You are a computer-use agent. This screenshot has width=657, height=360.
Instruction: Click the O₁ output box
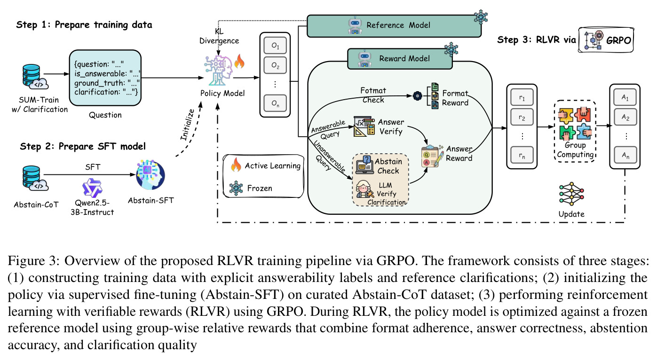coord(275,46)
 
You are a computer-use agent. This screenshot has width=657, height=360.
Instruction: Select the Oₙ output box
coord(275,103)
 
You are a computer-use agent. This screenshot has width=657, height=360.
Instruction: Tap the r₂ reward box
coord(522,117)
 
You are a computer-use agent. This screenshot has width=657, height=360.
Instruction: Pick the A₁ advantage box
coord(625,97)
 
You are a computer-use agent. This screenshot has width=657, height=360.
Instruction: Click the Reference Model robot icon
coord(355,25)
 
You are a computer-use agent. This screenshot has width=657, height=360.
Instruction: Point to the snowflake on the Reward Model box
coord(451,49)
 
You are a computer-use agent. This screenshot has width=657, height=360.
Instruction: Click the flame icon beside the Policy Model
coord(239,61)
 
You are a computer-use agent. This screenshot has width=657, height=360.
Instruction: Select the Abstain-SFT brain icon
coord(150,175)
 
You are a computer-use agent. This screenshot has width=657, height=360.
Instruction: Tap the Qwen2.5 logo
coord(92,188)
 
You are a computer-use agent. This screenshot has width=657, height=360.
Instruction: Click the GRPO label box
coord(606,40)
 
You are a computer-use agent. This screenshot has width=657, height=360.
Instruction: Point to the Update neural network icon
coord(571,194)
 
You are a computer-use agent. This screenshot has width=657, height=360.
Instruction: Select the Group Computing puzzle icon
coord(575,124)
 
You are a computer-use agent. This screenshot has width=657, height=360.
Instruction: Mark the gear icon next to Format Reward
coord(417,95)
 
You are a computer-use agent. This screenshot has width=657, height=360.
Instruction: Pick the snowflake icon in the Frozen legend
coord(236,188)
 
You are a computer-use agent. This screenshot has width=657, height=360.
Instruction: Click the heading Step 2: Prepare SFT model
coord(83,146)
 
